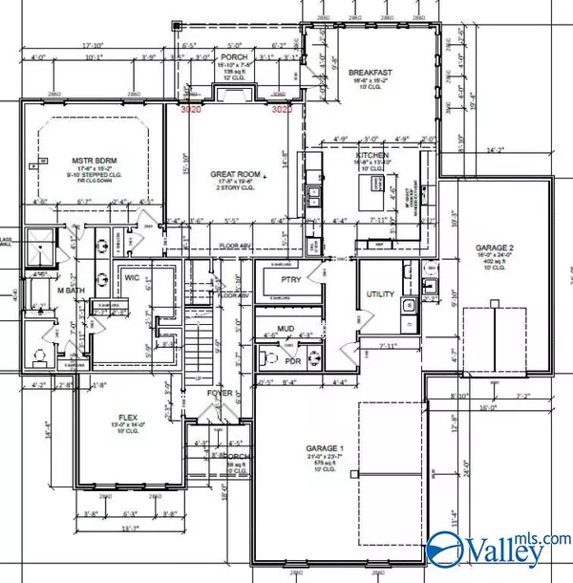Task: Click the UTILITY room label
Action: pos(380,293)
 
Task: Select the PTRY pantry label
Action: pos(290,279)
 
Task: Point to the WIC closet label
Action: pos(132,280)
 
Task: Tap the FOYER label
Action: pos(220,394)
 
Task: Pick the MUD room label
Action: pos(286,328)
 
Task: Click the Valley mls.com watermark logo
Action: pos(497,550)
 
